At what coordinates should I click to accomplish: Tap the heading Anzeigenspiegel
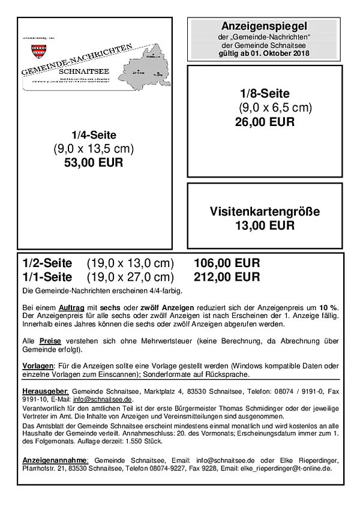[x=265, y=27]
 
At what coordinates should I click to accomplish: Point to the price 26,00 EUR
[x=265, y=122]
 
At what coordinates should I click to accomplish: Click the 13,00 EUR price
[x=265, y=226]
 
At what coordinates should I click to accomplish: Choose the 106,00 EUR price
[x=227, y=263]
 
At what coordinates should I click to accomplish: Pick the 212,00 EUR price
[x=227, y=277]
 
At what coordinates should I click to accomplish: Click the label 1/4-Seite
[x=94, y=135]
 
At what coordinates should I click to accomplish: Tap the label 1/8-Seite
[x=265, y=94]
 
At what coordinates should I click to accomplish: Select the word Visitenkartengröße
[x=265, y=212]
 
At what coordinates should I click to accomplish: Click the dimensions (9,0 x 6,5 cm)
[x=275, y=108]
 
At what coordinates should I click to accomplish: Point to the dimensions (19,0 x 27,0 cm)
[x=130, y=277]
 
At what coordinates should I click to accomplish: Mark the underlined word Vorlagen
[x=38, y=365]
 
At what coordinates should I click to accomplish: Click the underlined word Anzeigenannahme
[x=54, y=460]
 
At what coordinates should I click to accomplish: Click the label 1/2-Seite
[x=47, y=263]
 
